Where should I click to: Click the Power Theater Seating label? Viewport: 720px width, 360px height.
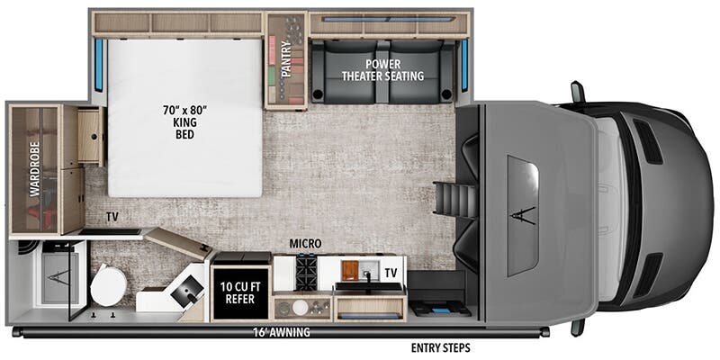[382, 70]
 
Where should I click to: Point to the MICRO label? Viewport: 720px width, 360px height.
[306, 244]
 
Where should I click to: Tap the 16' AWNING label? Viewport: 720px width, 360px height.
[282, 332]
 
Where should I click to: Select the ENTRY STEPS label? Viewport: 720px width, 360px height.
[440, 347]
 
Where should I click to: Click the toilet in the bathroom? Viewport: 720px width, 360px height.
[109, 286]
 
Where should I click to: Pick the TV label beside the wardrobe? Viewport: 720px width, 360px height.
[112, 217]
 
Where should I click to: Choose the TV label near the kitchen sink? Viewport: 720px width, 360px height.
[391, 272]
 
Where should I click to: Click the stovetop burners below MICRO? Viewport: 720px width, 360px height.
[307, 268]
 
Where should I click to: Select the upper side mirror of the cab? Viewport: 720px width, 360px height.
[577, 92]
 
